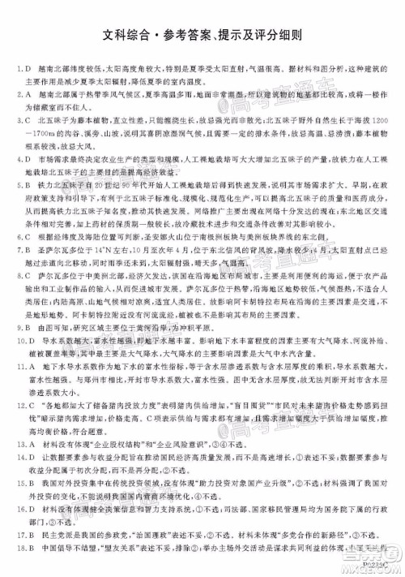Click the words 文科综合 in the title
(131, 36)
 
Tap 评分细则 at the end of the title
(274, 36)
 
